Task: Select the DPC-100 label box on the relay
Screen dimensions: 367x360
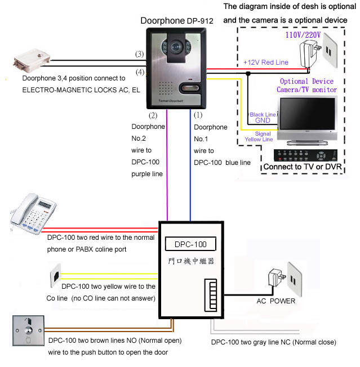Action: click(190, 244)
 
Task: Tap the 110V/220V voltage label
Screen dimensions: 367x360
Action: click(303, 35)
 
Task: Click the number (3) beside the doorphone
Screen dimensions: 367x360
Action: click(139, 55)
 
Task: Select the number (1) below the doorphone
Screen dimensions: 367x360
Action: click(197, 115)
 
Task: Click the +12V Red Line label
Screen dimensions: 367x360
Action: click(265, 61)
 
